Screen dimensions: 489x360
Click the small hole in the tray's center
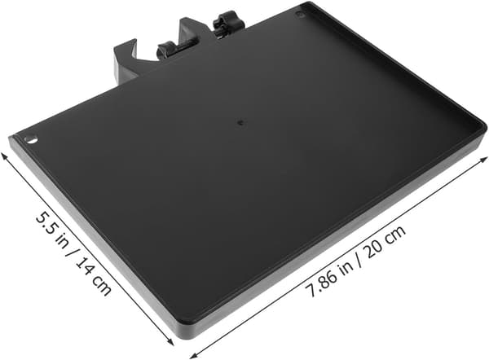click(240, 122)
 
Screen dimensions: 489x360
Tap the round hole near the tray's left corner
click(31, 139)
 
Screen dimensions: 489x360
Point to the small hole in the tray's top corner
click(299, 15)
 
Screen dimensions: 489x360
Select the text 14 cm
click(93, 278)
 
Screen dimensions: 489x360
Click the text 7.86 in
click(329, 277)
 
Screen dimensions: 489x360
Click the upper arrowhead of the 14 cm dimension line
click(4, 156)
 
